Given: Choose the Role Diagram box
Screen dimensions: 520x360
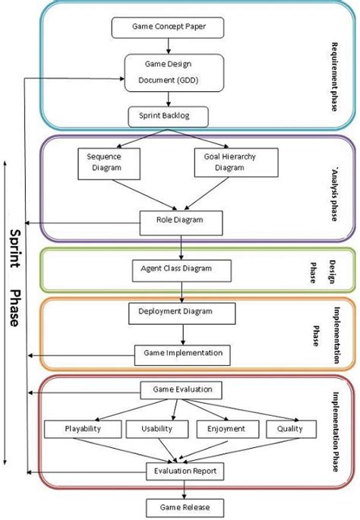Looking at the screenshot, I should [181, 222].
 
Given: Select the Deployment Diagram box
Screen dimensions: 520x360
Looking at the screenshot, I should [182, 312].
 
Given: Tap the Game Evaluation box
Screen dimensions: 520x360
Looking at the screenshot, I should [182, 390].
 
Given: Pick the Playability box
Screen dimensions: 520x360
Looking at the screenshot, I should [82, 429].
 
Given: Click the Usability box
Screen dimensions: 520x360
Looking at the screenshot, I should [155, 429].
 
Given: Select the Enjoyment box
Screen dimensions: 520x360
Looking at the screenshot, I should [226, 429].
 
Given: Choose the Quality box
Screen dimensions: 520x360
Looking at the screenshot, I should [289, 429].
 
